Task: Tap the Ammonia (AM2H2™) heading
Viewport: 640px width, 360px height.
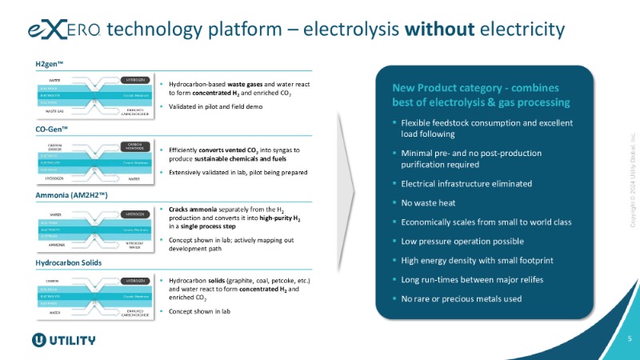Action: pyautogui.click(x=72, y=195)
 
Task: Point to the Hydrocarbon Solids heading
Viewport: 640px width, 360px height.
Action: pyautogui.click(x=70, y=262)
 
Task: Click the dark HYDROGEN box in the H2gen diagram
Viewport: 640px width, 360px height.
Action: pyautogui.click(x=134, y=81)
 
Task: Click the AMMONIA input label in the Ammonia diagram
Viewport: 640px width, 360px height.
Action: pyautogui.click(x=55, y=245)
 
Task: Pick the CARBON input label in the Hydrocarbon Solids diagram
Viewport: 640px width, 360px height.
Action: pyautogui.click(x=53, y=281)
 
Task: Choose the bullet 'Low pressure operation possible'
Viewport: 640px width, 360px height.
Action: pyautogui.click(x=463, y=241)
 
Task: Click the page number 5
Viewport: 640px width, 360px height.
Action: pyautogui.click(x=629, y=338)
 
